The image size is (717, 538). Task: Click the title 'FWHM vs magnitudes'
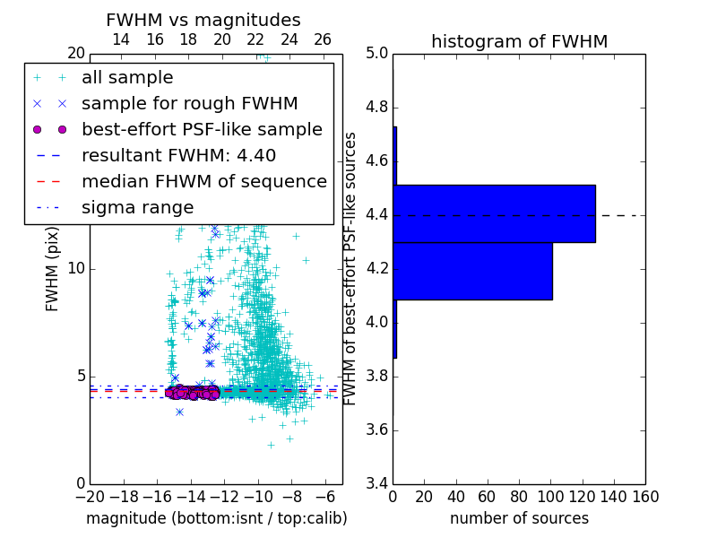point(203,20)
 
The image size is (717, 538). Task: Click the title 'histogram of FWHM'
point(519,41)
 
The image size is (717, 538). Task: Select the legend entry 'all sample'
point(127,78)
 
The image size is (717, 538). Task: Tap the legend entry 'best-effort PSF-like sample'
point(202,129)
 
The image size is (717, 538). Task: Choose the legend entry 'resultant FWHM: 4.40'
point(178,155)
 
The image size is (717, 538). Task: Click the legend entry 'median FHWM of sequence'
point(203,181)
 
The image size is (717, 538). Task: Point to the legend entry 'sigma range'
point(137,207)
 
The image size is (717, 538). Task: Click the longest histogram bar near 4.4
point(494,213)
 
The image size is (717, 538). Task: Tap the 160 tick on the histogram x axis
point(645,496)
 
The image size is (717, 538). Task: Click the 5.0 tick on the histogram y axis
point(377,54)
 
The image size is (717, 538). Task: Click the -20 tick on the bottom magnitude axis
point(90,496)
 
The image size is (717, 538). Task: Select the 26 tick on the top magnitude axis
point(323,39)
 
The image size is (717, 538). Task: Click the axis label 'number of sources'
point(519,518)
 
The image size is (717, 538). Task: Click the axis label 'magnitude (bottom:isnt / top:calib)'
point(216,518)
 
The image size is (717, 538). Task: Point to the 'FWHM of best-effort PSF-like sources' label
point(351,269)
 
